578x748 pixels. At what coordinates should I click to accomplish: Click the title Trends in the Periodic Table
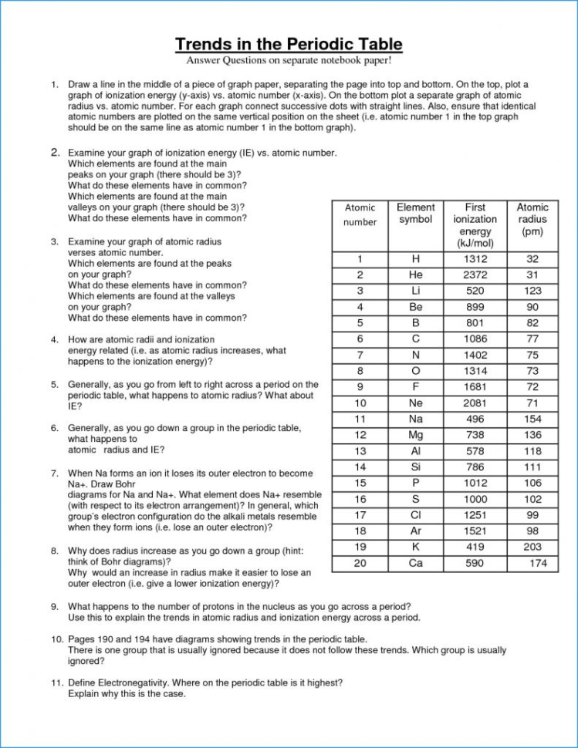point(289,43)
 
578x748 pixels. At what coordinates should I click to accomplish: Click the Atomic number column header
point(360,215)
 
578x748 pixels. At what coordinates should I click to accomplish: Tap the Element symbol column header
point(416,214)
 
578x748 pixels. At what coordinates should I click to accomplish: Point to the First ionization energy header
point(475,225)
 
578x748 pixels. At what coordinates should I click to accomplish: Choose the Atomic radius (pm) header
point(532,219)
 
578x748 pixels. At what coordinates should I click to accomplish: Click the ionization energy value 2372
point(475,275)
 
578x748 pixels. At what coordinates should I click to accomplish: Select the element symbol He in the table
point(416,275)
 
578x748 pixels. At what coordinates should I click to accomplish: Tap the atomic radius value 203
point(532,548)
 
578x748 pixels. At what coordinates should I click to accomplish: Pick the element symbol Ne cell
point(416,403)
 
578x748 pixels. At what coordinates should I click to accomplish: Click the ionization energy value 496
point(475,419)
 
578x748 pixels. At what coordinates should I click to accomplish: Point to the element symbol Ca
point(416,564)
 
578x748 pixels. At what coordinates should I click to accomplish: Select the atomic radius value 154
point(532,419)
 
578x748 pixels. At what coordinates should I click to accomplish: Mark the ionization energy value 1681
point(475,387)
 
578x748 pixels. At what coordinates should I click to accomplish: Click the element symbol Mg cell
point(416,436)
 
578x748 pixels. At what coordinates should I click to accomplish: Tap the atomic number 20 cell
point(360,564)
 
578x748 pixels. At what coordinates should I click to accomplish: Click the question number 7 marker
point(55,473)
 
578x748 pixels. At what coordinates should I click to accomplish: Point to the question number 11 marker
point(57,683)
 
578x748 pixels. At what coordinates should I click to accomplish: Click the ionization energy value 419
point(475,548)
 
